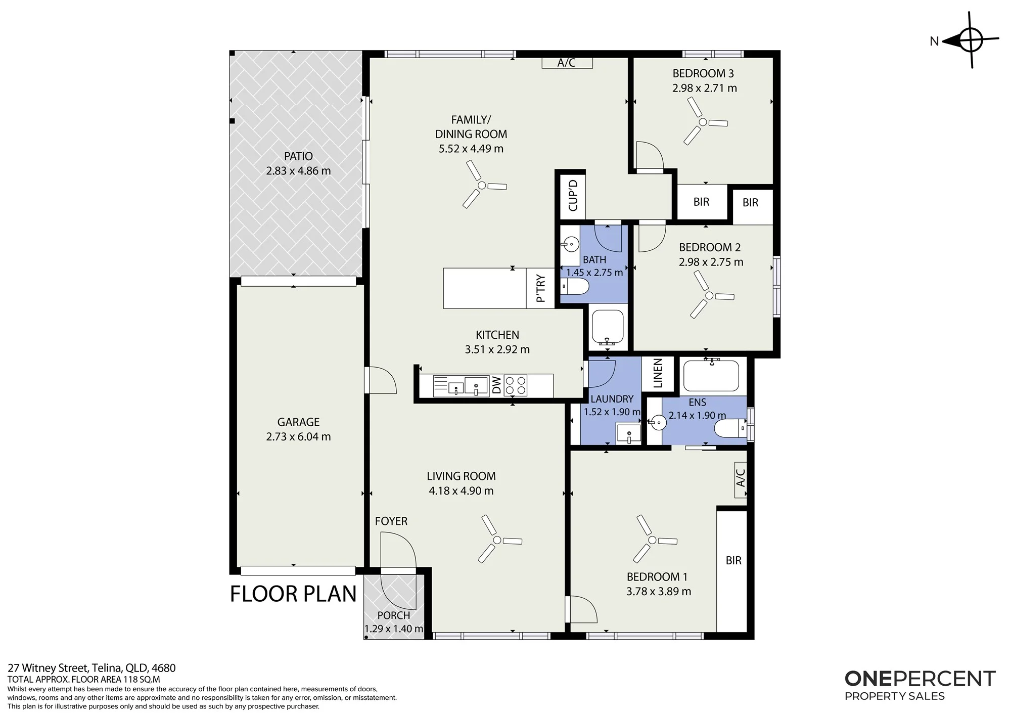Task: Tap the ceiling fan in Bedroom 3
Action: [703, 122]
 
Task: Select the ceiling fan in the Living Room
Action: [497, 540]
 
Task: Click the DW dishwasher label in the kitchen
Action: [496, 385]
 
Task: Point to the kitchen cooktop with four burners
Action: [515, 385]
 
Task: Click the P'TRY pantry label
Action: [540, 288]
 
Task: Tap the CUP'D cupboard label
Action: [573, 195]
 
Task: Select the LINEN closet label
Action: [658, 373]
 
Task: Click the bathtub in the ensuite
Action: [712, 375]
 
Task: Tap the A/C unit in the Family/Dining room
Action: [567, 63]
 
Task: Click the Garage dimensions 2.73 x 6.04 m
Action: [298, 436]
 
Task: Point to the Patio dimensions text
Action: [298, 171]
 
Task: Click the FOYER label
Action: [391, 521]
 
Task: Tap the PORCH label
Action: [394, 615]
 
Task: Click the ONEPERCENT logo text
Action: [920, 679]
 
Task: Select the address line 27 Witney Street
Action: [91, 668]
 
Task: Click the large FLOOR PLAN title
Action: [293, 594]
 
